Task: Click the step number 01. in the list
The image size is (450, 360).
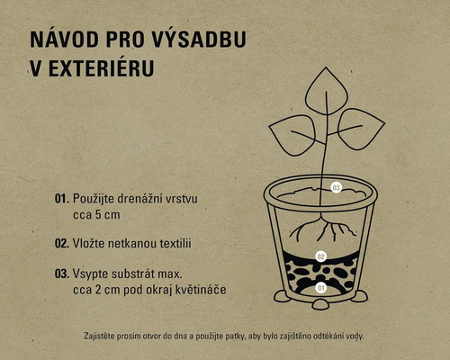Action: [62, 199]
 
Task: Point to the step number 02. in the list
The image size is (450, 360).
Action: [62, 244]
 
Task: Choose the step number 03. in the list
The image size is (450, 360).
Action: [62, 274]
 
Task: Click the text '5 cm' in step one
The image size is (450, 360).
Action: [107, 215]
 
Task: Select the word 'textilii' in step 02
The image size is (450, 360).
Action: [175, 243]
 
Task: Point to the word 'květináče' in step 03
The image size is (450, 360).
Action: [201, 290]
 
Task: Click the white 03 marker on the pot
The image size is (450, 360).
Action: [336, 188]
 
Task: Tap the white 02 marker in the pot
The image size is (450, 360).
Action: [321, 256]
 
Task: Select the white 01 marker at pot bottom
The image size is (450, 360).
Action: [321, 288]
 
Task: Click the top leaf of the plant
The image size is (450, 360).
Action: [327, 91]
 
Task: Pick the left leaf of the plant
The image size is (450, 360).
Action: [292, 135]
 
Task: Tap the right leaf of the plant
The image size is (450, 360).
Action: [361, 129]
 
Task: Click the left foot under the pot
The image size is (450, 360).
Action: [282, 297]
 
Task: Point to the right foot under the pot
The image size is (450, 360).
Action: [359, 297]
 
